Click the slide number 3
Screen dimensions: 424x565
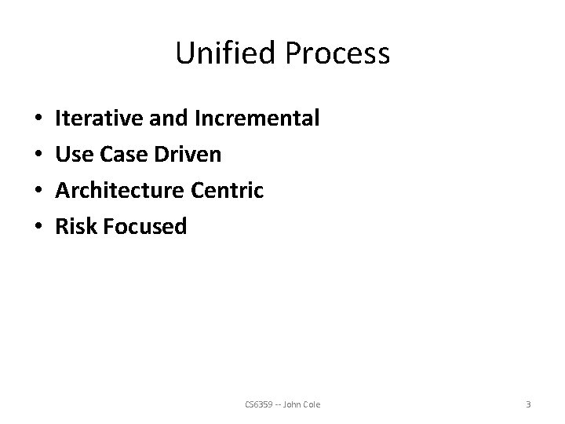[528, 404]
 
